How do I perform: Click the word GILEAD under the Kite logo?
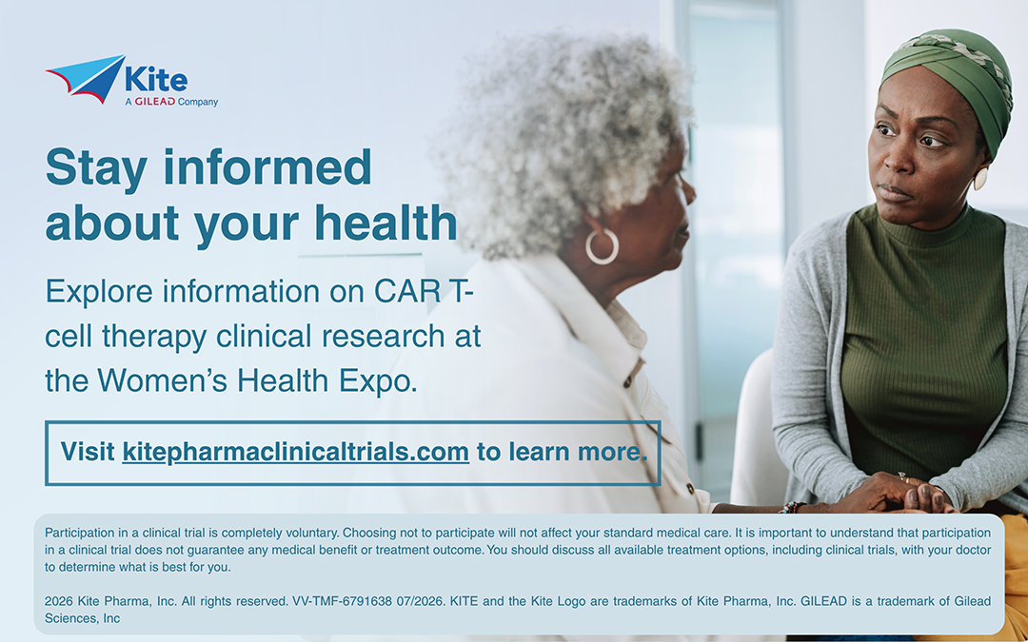pyautogui.click(x=154, y=102)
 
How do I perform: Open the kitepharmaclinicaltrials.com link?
pyautogui.click(x=296, y=452)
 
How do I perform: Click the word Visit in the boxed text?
pyautogui.click(x=88, y=452)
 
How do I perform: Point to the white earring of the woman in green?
pyautogui.click(x=980, y=178)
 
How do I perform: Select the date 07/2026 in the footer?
pyautogui.click(x=421, y=601)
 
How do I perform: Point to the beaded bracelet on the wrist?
pyautogui.click(x=793, y=507)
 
